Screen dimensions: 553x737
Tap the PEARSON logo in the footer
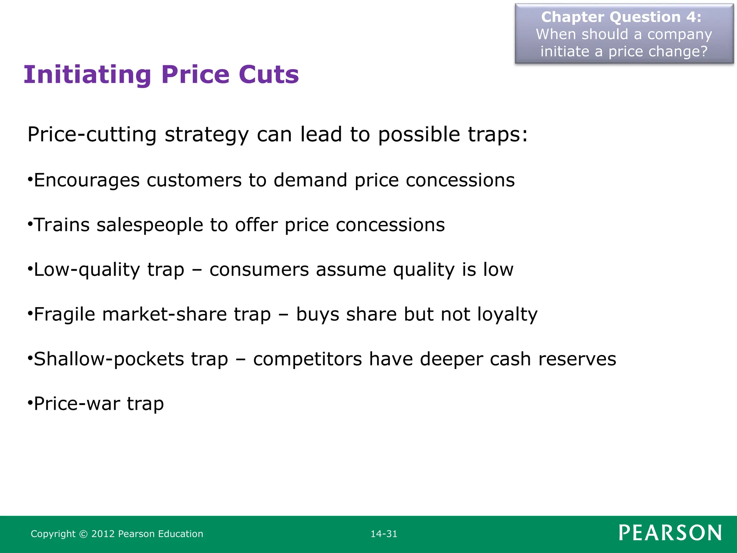(x=670, y=533)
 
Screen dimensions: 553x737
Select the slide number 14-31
(x=384, y=534)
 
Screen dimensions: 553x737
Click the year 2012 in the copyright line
(x=103, y=534)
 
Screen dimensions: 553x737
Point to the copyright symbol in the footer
(x=83, y=534)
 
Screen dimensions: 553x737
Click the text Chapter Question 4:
(x=621, y=17)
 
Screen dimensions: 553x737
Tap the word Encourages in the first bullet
(x=87, y=180)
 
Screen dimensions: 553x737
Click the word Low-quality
(x=87, y=270)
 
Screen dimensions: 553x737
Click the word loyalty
(x=507, y=314)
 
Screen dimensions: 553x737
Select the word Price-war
(x=77, y=404)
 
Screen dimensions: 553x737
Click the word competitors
(x=308, y=359)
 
